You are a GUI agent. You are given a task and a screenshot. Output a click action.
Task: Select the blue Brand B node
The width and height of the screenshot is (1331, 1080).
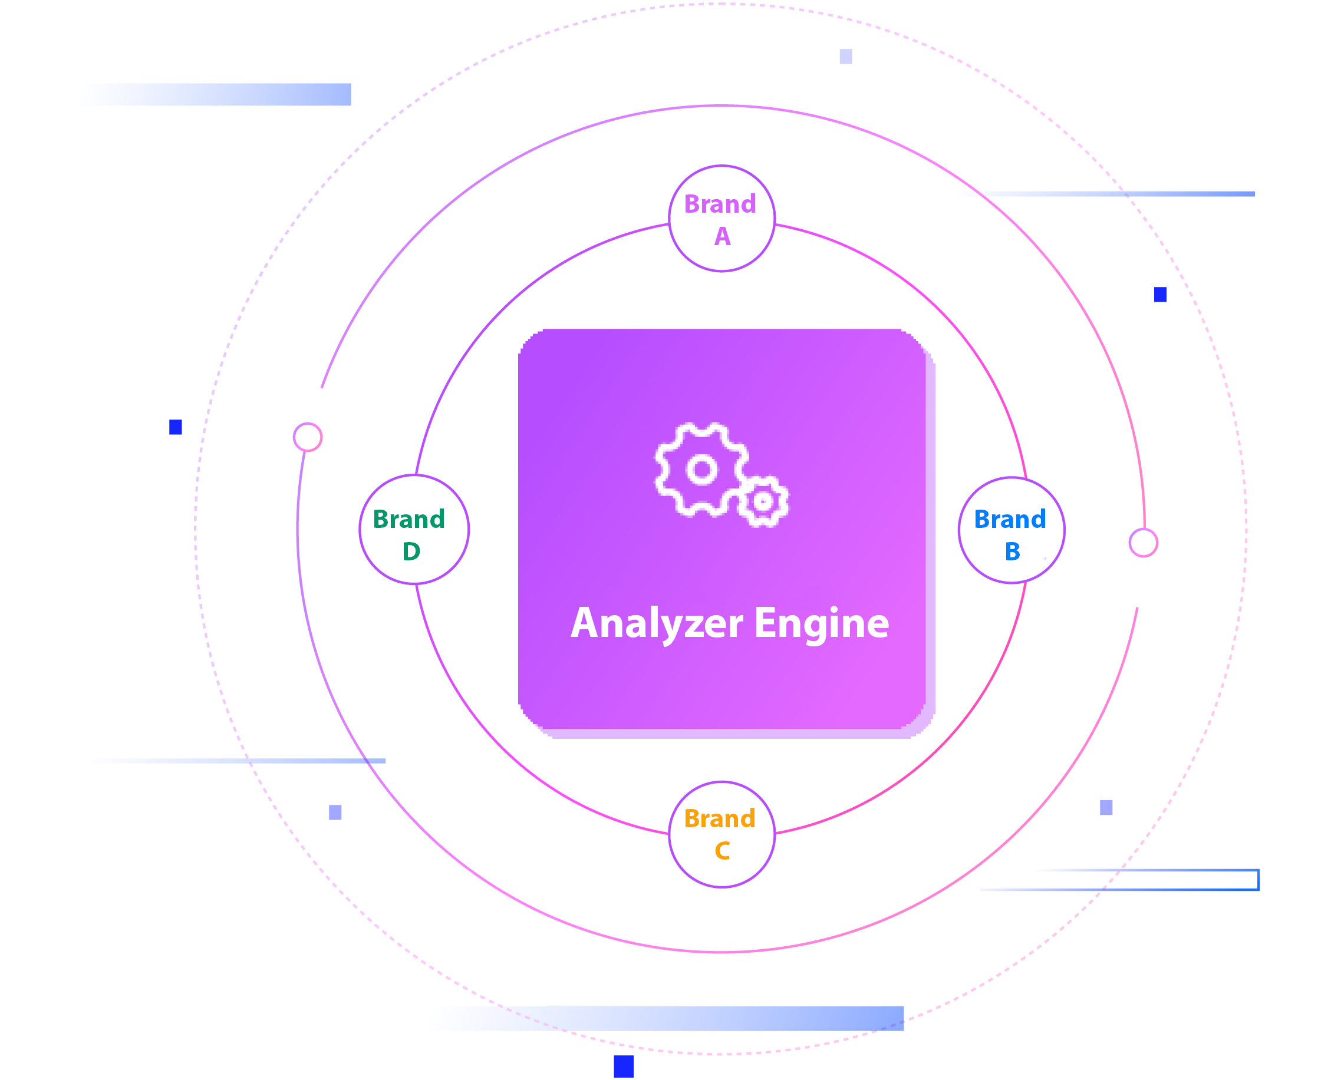coord(1010,530)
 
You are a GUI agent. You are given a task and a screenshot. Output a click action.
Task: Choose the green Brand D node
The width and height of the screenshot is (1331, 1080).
coord(414,530)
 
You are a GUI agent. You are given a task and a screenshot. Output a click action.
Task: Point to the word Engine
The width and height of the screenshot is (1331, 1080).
coord(821,623)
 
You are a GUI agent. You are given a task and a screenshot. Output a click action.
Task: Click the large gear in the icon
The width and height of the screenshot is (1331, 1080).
coord(701,470)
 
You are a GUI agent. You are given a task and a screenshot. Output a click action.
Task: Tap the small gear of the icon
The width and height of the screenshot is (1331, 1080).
coord(763,501)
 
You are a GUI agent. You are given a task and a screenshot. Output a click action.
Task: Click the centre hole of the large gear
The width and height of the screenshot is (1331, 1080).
coord(702,469)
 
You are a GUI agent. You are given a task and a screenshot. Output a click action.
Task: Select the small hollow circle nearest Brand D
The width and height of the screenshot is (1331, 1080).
coord(307,437)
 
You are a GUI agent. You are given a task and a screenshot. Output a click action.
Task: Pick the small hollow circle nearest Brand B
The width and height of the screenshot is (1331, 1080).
coord(1143,543)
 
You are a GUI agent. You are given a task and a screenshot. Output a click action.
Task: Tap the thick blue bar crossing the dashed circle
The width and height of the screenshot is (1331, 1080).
coord(666,1018)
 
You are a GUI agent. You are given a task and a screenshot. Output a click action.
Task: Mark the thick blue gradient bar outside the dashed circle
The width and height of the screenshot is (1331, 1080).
coord(216,94)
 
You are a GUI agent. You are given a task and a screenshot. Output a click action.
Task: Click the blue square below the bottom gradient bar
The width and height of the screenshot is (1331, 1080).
coord(623,1066)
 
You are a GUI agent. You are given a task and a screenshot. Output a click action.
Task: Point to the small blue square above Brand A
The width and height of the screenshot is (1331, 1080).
coord(846,57)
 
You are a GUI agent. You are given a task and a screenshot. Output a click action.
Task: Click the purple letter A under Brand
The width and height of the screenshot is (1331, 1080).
coord(722,236)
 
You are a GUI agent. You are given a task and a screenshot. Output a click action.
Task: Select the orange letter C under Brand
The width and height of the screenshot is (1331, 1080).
coord(722,850)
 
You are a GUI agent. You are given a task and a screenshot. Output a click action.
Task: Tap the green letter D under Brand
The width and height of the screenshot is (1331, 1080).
coord(411,551)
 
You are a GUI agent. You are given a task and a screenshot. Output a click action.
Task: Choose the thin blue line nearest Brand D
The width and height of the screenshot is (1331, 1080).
coord(236,761)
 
